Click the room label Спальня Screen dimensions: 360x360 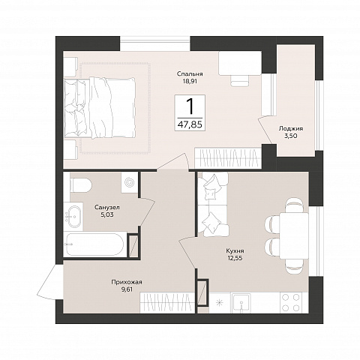pyautogui.click(x=190, y=74)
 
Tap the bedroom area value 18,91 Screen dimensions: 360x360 pyautogui.click(x=190, y=82)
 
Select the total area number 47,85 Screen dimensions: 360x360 pyautogui.click(x=190, y=124)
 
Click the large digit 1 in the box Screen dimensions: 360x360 pyautogui.click(x=190, y=106)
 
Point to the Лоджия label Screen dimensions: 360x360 pyautogui.click(x=291, y=129)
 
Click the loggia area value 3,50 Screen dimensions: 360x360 pyautogui.click(x=291, y=136)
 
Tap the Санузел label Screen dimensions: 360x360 pyautogui.click(x=107, y=207)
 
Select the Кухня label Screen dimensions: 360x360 pyautogui.click(x=235, y=250)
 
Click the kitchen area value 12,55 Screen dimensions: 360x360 pyautogui.click(x=235, y=258)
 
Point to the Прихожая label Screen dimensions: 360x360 pyautogui.click(x=127, y=283)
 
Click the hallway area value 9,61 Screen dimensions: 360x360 pyautogui.click(x=127, y=289)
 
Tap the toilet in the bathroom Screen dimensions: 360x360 pyautogui.click(x=80, y=185)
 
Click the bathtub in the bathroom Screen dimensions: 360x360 pyautogui.click(x=94, y=244)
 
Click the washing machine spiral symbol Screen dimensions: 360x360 pyautogui.click(x=130, y=182)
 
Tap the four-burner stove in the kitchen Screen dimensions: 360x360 pyautogui.click(x=291, y=302)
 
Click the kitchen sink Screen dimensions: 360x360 pyautogui.click(x=241, y=303)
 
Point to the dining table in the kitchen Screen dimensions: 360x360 pyautogui.click(x=294, y=235)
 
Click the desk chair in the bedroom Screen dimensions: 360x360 pyautogui.click(x=239, y=80)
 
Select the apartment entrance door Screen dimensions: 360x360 pyautogui.click(x=50, y=281)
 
